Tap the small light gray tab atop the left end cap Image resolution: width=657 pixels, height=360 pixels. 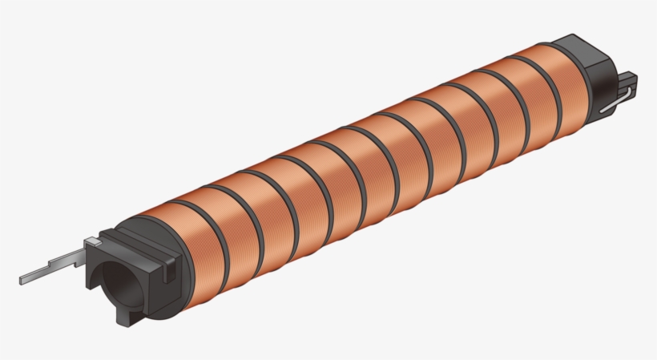coord(94,241)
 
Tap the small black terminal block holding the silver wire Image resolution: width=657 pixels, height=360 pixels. coord(626,83)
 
